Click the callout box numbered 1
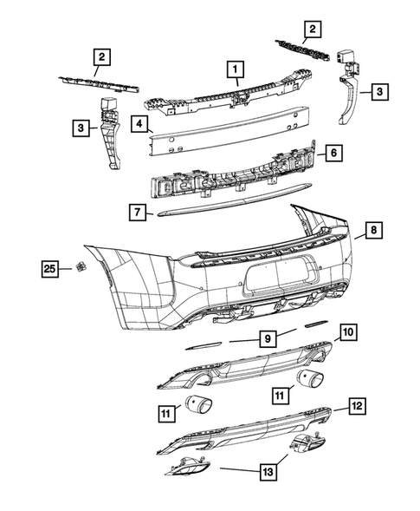pyautogui.click(x=232, y=67)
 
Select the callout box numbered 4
pyautogui.click(x=138, y=124)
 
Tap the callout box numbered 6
pyautogui.click(x=333, y=154)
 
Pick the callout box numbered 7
pyautogui.click(x=136, y=211)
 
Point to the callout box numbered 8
pyautogui.click(x=372, y=231)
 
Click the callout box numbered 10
pyautogui.click(x=346, y=332)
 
